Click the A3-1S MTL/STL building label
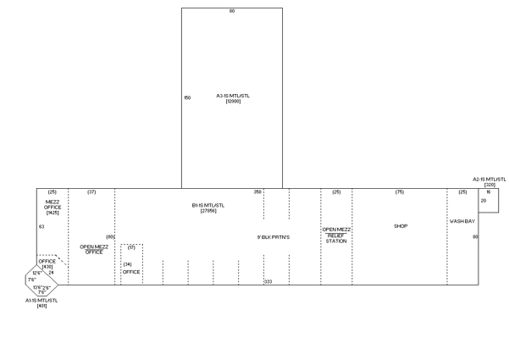234,96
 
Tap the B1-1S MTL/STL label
207,205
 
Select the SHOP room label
401,226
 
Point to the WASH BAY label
462,220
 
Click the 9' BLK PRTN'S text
274,236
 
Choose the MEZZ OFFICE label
53,206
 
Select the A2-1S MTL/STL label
490,180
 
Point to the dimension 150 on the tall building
187,98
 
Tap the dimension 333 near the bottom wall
268,280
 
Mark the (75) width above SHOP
400,192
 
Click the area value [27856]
208,210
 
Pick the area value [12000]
234,101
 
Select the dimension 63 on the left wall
41,227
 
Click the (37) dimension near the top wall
91,192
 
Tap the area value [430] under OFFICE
47,267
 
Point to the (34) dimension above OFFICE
127,264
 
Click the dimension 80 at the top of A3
232,11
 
